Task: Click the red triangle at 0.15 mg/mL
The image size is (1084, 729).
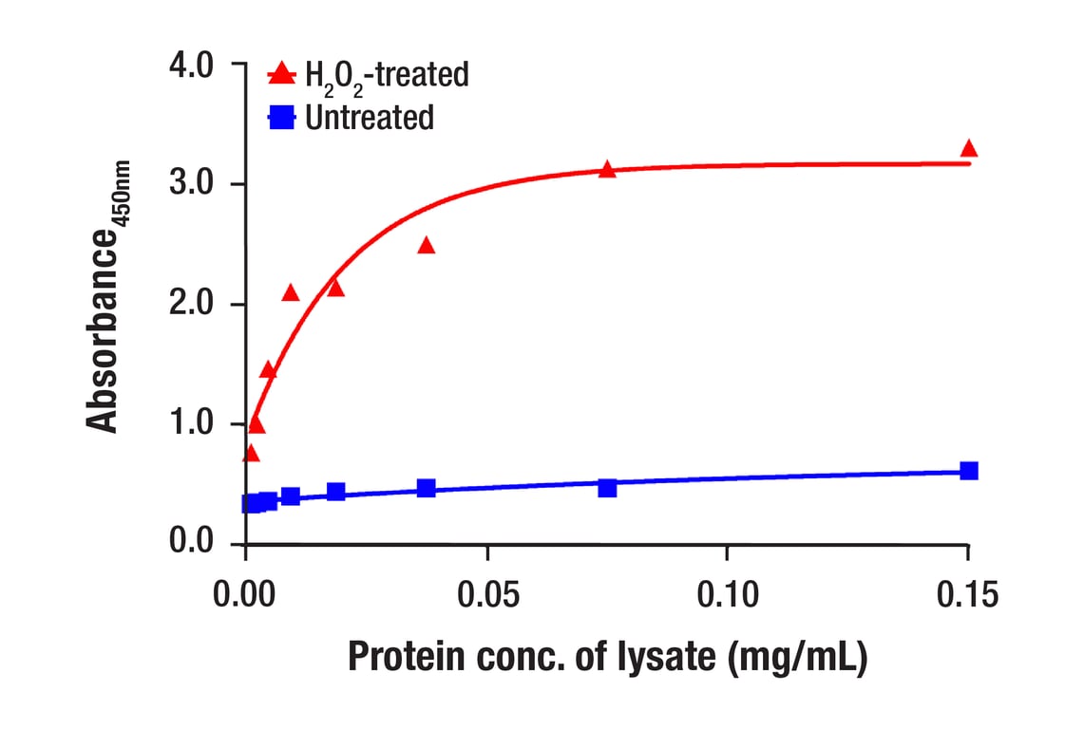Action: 968,149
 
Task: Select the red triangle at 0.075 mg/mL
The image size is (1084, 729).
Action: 607,170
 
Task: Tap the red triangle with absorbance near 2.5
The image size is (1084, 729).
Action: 426,246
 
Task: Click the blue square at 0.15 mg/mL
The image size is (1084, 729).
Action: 968,471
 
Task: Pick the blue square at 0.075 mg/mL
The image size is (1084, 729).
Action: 607,487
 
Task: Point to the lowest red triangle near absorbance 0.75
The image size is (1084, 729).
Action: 251,454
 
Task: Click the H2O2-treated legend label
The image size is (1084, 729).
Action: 387,74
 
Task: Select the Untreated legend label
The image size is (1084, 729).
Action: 370,118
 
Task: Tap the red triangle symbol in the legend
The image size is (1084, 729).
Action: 281,73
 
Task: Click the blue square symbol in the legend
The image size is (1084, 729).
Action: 281,119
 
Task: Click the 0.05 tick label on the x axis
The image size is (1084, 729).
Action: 486,595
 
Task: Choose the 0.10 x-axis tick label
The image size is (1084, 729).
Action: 727,595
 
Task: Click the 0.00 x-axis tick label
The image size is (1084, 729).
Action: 246,595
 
